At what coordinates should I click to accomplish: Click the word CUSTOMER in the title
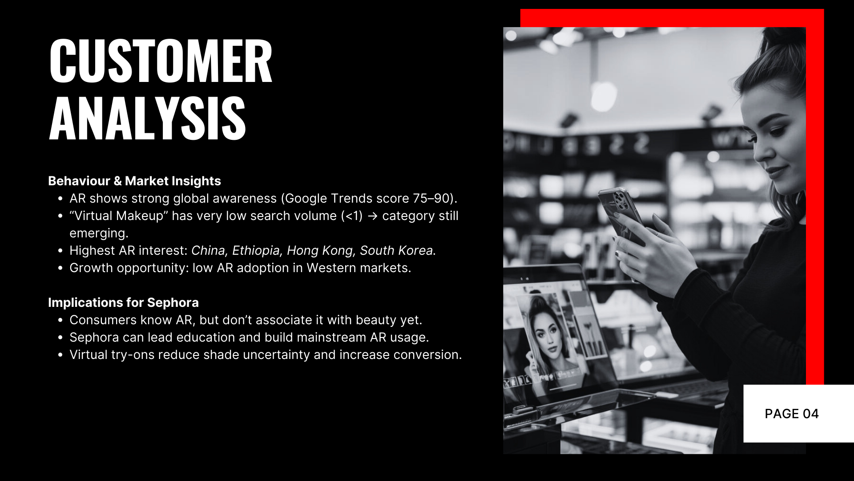tap(161, 61)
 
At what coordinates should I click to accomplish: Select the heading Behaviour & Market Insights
tap(134, 181)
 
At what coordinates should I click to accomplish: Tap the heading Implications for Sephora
tap(123, 302)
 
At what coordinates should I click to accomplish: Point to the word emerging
tap(99, 233)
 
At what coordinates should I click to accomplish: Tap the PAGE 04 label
tap(792, 414)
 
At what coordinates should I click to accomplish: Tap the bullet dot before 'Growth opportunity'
tap(61, 269)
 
